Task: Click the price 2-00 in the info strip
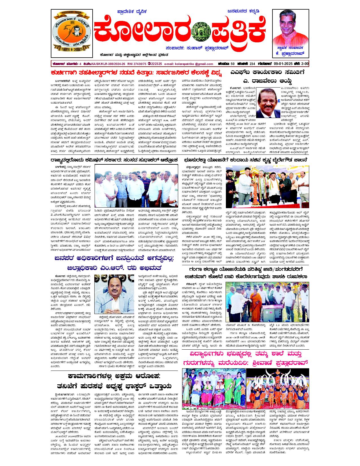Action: click(x=304, y=64)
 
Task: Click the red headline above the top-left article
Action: click(x=137, y=73)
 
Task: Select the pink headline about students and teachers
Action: click(x=245, y=358)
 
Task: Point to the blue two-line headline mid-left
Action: click(x=114, y=262)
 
